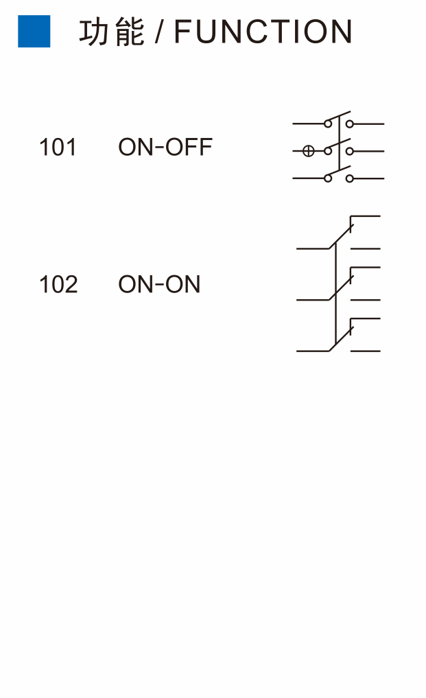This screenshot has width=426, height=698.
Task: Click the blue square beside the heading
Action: [34, 31]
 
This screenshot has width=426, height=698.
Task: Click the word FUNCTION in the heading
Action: [263, 32]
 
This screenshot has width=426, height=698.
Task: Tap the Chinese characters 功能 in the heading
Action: [112, 32]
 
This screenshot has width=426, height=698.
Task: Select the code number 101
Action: [58, 148]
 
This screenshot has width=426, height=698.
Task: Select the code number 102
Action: [58, 284]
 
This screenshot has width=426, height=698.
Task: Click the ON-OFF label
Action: [165, 148]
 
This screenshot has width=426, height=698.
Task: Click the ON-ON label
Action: [159, 284]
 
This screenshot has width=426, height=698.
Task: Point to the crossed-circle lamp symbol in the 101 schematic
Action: [309, 152]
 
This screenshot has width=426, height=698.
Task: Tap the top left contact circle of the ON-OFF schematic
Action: [328, 124]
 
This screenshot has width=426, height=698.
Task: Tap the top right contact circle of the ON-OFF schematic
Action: [350, 124]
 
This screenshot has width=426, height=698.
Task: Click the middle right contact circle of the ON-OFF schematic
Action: [350, 152]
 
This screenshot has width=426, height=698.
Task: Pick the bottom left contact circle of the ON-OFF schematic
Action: [328, 178]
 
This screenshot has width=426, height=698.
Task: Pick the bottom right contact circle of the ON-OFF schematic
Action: [350, 178]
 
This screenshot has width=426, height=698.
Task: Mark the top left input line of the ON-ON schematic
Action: [313, 248]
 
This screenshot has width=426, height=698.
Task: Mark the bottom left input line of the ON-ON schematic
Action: [313, 351]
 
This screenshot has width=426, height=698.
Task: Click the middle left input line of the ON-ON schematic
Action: [313, 300]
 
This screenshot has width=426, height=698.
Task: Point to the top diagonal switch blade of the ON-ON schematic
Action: [341, 236]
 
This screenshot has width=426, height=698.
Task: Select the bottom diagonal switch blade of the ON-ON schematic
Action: [341, 339]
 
